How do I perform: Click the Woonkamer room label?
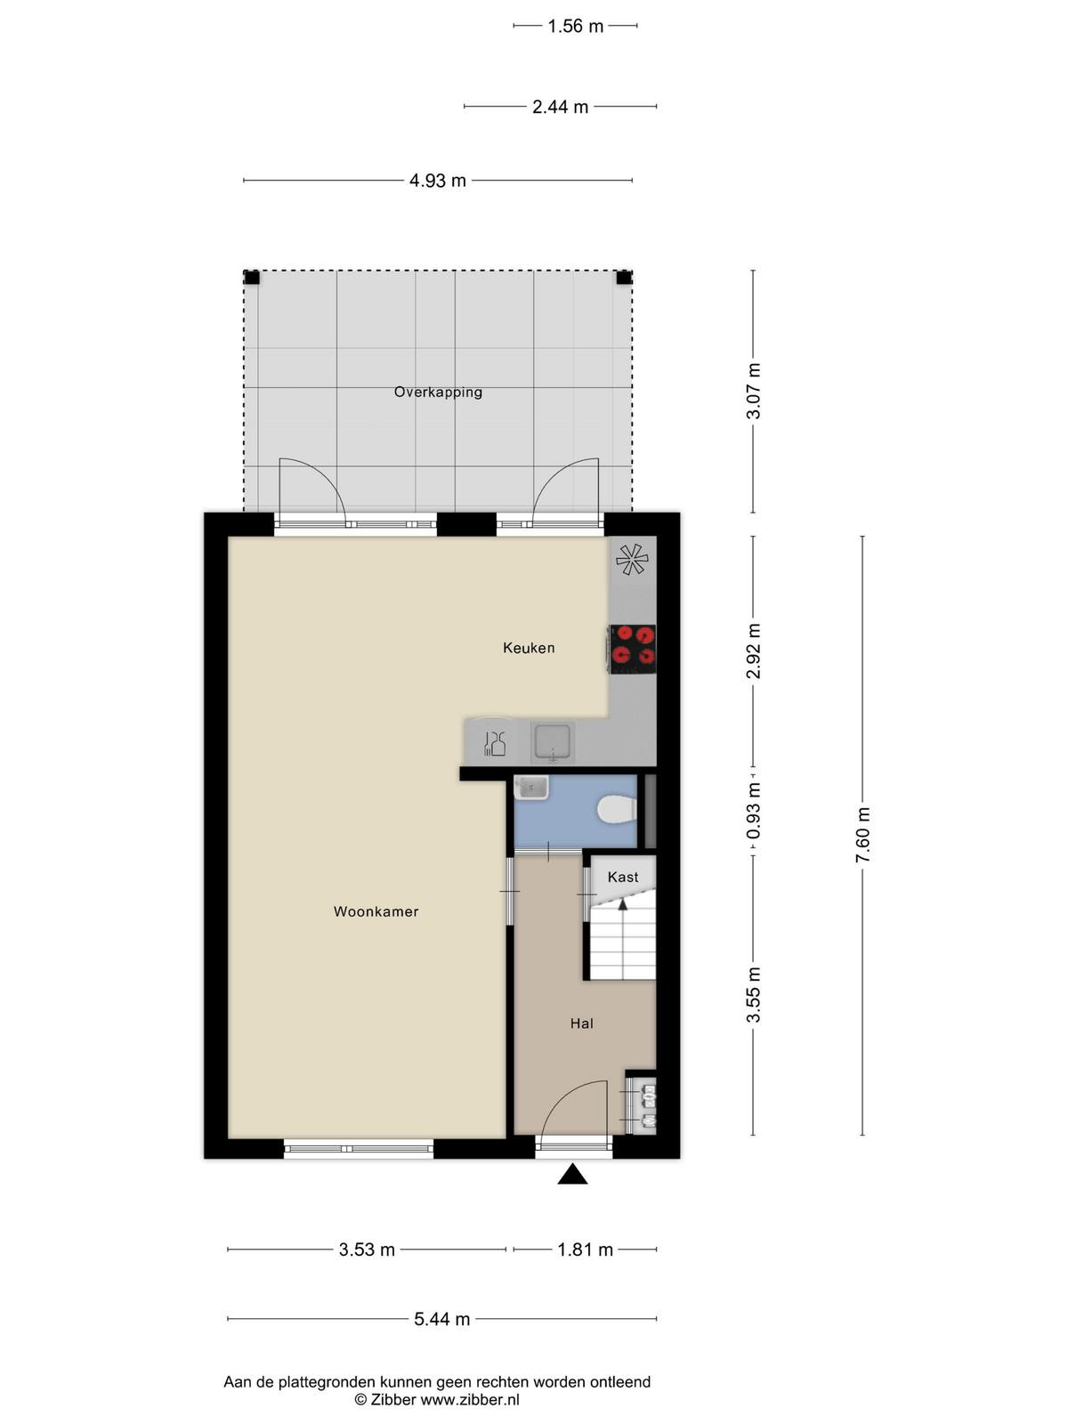376,911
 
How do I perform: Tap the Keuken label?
529,647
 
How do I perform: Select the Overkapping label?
439,392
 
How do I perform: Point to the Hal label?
582,1023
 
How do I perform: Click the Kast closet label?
622,878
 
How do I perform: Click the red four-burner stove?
632,649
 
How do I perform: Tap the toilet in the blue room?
617,810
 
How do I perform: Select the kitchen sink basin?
552,741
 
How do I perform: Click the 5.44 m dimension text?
441,1318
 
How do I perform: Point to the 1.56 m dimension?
575,26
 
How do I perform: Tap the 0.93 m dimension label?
753,811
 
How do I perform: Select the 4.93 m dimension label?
438,181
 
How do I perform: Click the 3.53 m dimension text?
367,1249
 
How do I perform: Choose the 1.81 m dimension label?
585,1249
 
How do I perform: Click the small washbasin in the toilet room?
531,788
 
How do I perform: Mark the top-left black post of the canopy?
252,279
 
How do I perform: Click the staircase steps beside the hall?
622,942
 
